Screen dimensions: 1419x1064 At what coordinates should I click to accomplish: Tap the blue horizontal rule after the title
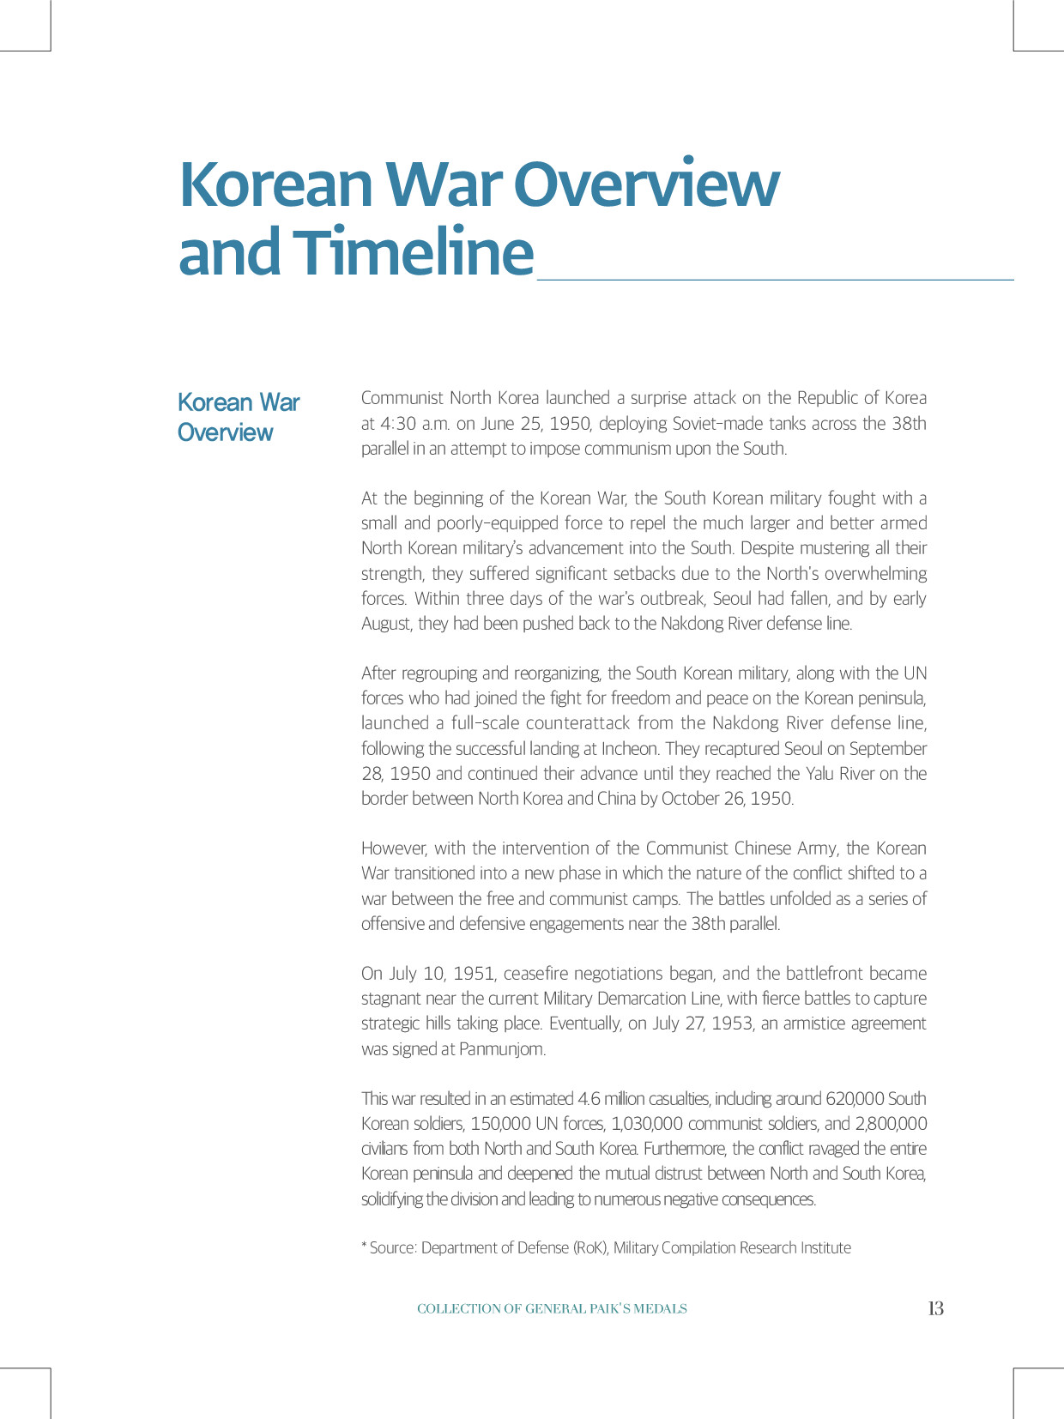[775, 279]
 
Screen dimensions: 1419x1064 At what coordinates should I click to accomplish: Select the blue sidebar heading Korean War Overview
[238, 417]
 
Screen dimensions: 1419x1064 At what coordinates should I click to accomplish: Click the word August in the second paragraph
[386, 624]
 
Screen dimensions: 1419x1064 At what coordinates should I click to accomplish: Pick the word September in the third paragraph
[888, 749]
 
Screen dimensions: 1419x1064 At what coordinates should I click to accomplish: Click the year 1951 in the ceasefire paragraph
[474, 974]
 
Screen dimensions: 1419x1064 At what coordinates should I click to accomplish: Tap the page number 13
[935, 1308]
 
